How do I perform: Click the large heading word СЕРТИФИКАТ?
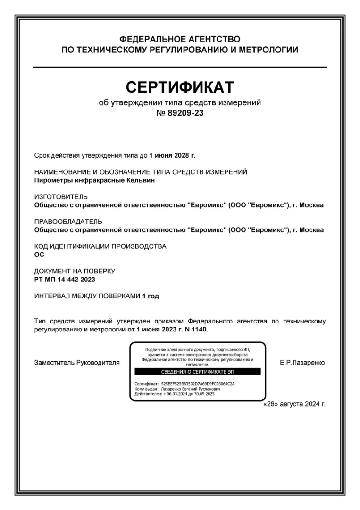tap(180, 87)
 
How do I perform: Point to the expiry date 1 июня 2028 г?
tap(172, 155)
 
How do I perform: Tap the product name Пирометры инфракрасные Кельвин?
tap(95, 180)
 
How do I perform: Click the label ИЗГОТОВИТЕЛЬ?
tap(61, 197)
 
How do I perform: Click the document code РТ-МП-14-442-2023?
tap(65, 280)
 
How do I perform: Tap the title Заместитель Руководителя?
tap(77, 363)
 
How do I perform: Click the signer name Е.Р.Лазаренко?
tap(302, 363)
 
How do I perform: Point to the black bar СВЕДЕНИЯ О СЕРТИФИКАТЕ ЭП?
tap(197, 372)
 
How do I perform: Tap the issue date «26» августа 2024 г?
tap(294, 405)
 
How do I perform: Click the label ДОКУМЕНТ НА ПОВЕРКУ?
tap(75, 271)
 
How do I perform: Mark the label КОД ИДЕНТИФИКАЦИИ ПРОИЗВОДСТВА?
tap(100, 246)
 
